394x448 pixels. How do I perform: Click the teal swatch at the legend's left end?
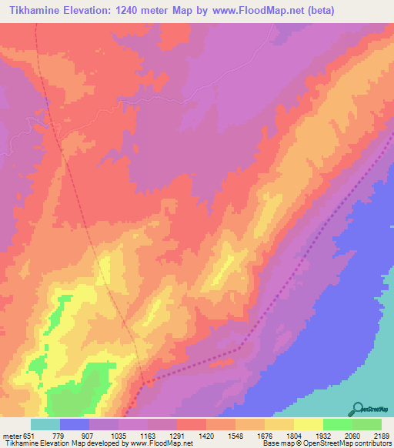(x=45, y=424)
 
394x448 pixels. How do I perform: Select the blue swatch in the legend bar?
(x=75, y=424)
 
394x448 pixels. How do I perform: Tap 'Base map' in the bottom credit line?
(x=275, y=443)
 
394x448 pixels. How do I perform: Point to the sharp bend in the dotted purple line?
(x=241, y=348)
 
